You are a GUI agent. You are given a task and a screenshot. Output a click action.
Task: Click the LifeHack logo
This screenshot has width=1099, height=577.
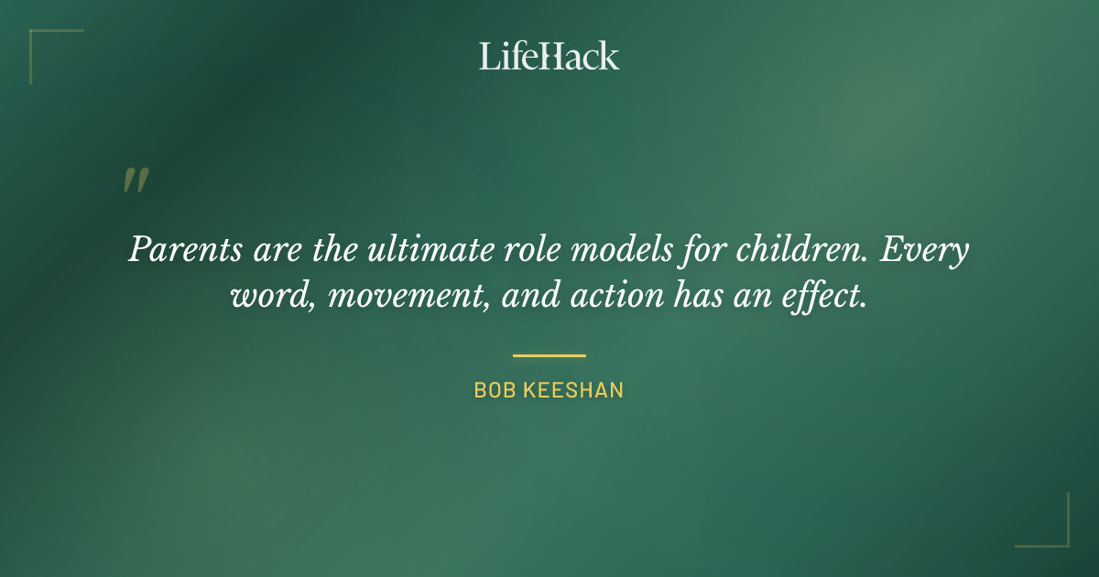(549, 56)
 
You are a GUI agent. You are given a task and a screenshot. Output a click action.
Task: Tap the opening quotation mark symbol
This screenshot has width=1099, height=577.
(135, 180)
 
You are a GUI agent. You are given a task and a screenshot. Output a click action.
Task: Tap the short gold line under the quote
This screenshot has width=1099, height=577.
(549, 355)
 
